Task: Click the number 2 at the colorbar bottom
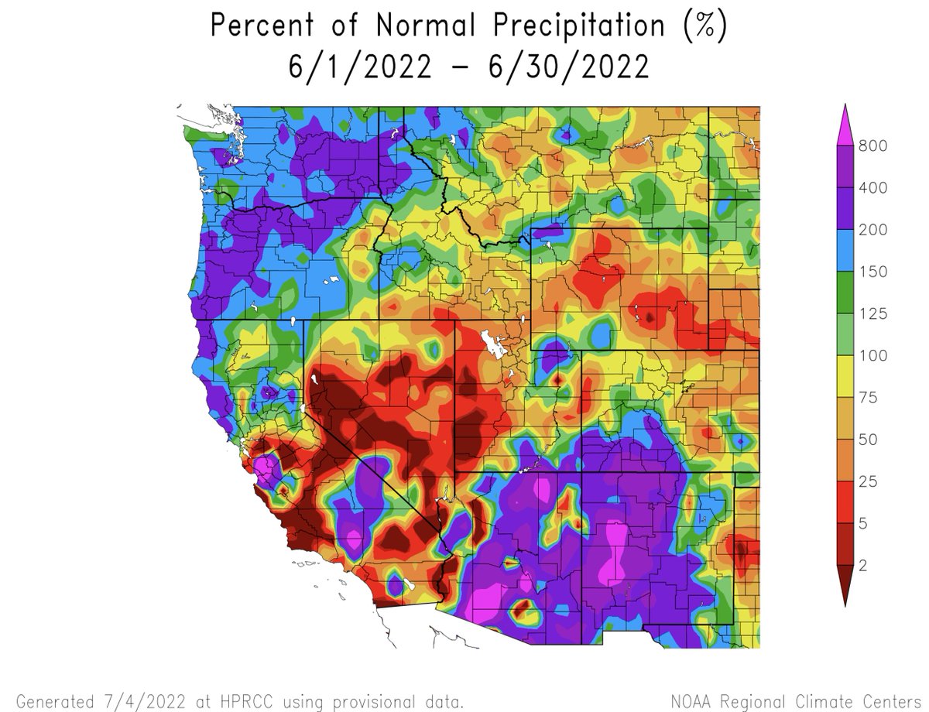click(x=862, y=566)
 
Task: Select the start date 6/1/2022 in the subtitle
click(x=360, y=67)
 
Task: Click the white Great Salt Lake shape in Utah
click(x=490, y=341)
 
